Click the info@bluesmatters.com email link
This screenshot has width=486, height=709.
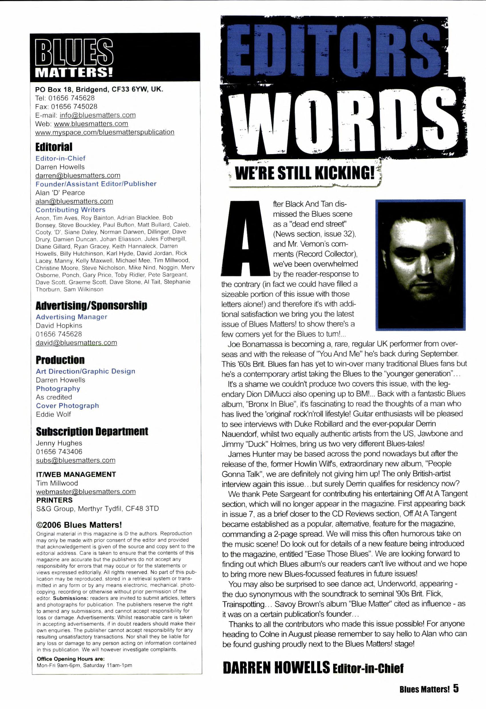coord(97,115)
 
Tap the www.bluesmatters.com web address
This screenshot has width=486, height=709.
coord(91,124)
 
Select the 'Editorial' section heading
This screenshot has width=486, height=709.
coord(54,147)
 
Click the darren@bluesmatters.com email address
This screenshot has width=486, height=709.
coord(78,176)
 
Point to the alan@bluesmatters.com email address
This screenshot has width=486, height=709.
coord(74,201)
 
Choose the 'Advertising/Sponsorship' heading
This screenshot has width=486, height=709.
coord(91,305)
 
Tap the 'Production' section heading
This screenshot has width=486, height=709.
coord(60,360)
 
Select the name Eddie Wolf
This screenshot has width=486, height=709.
coord(53,414)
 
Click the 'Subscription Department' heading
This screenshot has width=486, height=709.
coord(92,432)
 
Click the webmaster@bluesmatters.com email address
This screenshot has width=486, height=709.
coord(86,492)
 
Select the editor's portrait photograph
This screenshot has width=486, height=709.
coord(420,265)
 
